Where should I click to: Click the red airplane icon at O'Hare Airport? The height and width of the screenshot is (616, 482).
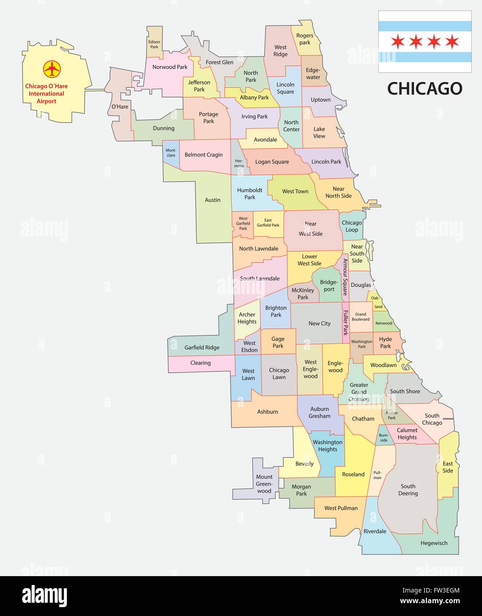pyautogui.click(x=52, y=69)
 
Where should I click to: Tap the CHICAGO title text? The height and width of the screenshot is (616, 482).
pyautogui.click(x=424, y=89)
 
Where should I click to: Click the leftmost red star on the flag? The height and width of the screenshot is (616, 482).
pyautogui.click(x=397, y=42)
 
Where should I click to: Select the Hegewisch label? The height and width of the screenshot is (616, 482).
pyautogui.click(x=434, y=543)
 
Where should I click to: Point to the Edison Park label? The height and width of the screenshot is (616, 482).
pyautogui.click(x=154, y=44)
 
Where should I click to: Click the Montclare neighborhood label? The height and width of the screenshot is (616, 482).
pyautogui.click(x=171, y=153)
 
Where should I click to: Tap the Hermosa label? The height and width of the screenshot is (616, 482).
pyautogui.click(x=239, y=163)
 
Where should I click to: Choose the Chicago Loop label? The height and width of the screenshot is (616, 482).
pyautogui.click(x=352, y=226)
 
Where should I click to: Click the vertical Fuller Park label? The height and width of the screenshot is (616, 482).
pyautogui.click(x=346, y=322)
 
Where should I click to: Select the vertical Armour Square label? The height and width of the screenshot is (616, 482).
pyautogui.click(x=345, y=277)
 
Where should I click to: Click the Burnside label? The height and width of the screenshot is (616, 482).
pyautogui.click(x=383, y=437)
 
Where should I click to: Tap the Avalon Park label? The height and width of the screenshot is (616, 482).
pyautogui.click(x=392, y=415)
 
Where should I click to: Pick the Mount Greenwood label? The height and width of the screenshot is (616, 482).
pyautogui.click(x=264, y=484)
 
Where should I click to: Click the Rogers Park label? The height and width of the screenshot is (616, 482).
pyautogui.click(x=305, y=39)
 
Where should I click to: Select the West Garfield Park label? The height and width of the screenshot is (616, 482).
pyautogui.click(x=243, y=223)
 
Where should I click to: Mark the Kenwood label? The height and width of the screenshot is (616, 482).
pyautogui.click(x=384, y=323)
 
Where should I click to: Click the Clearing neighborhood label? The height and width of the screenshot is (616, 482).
pyautogui.click(x=200, y=363)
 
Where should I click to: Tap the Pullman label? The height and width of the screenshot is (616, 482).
pyautogui.click(x=377, y=475)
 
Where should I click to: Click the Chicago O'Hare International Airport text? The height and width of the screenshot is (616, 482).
pyautogui.click(x=47, y=94)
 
